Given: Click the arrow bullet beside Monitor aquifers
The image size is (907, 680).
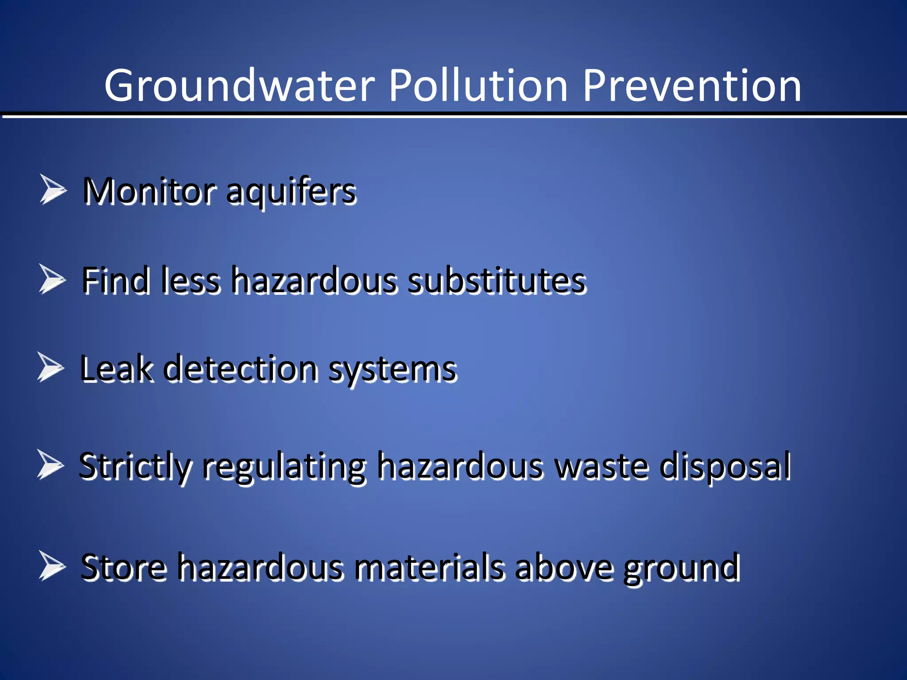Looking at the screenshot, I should coord(53,190).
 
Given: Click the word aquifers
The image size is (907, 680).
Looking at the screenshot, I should coord(291,193).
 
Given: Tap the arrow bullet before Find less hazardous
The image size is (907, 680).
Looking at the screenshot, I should coord(52,279).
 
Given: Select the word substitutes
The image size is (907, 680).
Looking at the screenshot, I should coord(497,281).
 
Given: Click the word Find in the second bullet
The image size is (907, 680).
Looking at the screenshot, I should coord(115,281).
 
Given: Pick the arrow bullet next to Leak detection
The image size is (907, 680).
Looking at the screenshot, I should coord(50,367).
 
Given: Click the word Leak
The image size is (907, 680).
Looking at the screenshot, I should coord(116,369).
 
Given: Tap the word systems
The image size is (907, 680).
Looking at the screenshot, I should coord(392,370).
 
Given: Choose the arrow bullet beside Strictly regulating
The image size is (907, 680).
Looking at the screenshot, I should coord(50,464).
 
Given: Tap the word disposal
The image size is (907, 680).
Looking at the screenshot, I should coord(725,467).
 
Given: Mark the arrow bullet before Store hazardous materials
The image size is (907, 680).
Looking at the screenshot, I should coord(52,565).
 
